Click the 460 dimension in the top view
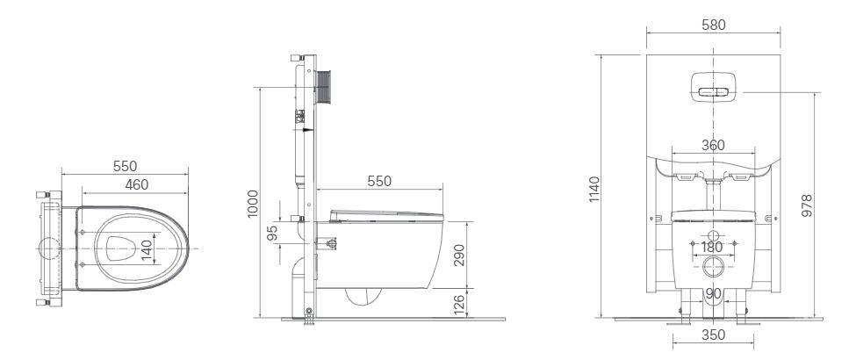pos(135,184)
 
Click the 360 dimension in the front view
pos(712,146)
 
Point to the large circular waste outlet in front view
pos(712,267)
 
